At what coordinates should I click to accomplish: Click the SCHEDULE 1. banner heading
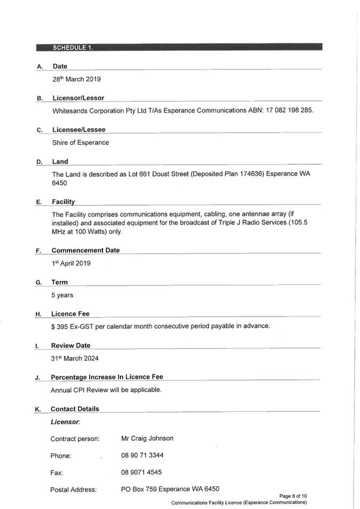73,47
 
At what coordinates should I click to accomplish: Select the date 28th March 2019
77,79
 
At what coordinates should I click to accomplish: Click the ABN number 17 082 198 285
289,110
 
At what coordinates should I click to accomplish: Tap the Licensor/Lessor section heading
78,98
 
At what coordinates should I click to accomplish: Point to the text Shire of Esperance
81,142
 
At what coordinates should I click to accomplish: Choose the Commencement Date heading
85,251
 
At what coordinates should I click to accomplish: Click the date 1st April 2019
71,263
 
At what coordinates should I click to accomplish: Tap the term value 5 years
62,295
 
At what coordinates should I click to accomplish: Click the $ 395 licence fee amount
59,326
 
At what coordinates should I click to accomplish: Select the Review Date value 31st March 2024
75,358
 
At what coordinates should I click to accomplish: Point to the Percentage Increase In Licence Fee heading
107,377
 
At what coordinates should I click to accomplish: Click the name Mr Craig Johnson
147,438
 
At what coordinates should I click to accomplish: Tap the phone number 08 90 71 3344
142,455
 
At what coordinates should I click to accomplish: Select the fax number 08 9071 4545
141,472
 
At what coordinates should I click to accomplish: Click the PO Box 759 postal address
170,489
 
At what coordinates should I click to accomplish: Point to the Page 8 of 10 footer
293,496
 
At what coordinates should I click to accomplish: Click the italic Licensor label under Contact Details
65,422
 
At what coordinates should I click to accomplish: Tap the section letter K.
38,409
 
